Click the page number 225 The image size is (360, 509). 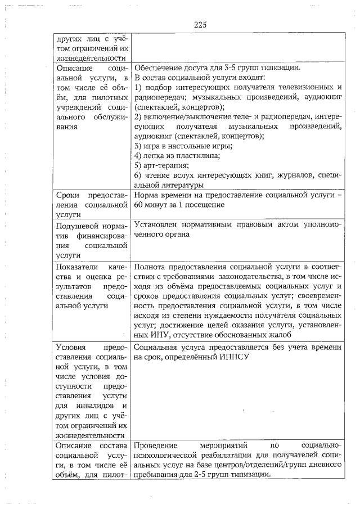[201, 24]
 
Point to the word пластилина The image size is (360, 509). [192, 155]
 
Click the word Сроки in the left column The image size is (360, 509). [70, 195]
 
